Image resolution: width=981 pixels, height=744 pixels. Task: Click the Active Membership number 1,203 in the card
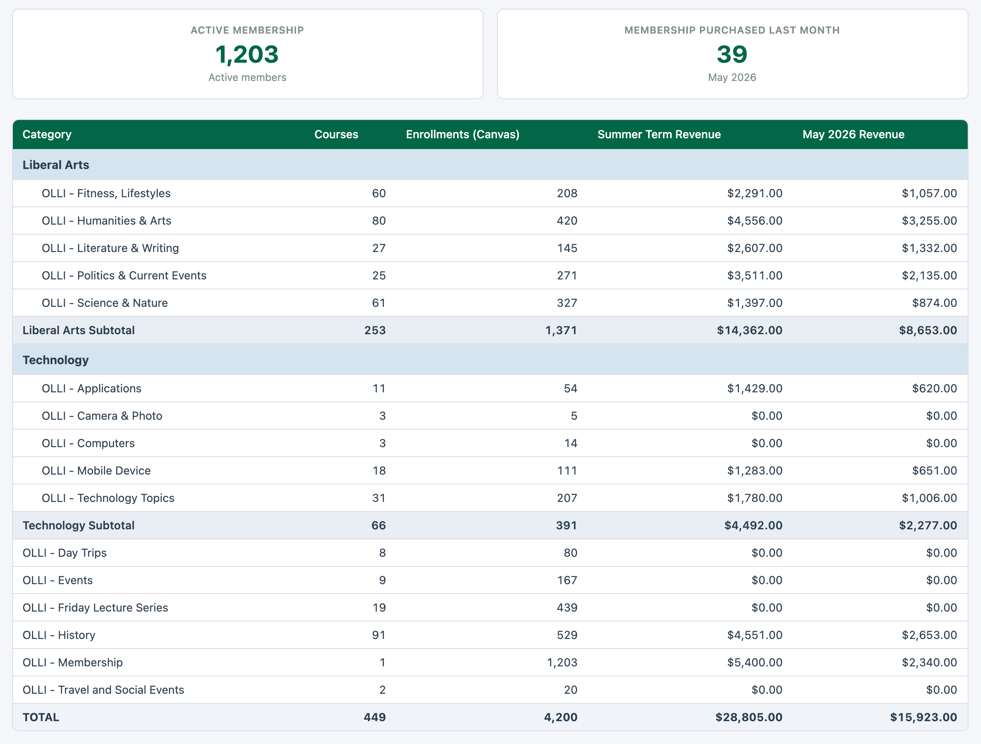coord(247,54)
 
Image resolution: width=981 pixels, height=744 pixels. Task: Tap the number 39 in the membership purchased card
coord(732,54)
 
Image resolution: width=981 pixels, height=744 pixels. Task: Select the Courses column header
coord(336,135)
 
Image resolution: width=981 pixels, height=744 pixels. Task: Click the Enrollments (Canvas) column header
coord(462,135)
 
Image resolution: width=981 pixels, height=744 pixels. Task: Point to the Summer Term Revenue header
coord(659,135)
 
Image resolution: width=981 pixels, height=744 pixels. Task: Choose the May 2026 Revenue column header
coord(853,135)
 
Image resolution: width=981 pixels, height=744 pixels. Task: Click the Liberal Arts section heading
coord(56,165)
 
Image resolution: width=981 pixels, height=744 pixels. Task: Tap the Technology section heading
coord(56,360)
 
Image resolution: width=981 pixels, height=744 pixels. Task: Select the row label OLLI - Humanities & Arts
coord(106,221)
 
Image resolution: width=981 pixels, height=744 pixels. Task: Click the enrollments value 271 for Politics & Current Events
coord(567,276)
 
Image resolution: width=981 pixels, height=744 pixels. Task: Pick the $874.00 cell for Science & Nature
coord(935,303)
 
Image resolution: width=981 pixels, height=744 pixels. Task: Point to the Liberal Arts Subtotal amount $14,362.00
coord(749,330)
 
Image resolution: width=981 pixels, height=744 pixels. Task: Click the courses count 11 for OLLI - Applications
coord(379,389)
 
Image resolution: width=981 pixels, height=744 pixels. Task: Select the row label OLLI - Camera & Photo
coord(102,416)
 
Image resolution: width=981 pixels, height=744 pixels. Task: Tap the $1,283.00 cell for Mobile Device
coord(755,471)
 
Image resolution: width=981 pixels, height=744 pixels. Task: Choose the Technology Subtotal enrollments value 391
coord(566,526)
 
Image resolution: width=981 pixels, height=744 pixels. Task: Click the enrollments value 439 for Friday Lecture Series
coord(567,608)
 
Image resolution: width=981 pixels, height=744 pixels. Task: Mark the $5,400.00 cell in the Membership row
coord(755,663)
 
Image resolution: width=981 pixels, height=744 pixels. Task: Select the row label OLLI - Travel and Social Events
coord(103,690)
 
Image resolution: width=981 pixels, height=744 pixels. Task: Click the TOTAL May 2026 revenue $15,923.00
coord(923,718)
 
